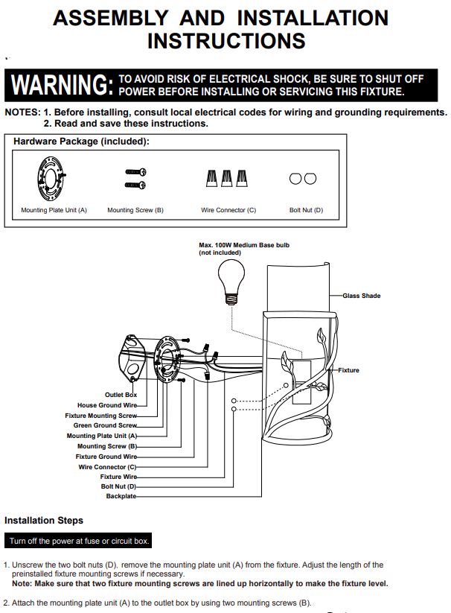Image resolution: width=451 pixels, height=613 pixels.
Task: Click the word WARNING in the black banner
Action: click(x=62, y=84)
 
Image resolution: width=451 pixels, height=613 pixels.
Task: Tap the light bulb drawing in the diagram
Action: click(x=231, y=282)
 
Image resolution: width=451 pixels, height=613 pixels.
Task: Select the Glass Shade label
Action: click(x=362, y=296)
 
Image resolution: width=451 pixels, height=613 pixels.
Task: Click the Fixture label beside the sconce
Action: click(x=348, y=370)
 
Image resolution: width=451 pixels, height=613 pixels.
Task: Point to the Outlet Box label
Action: click(x=121, y=395)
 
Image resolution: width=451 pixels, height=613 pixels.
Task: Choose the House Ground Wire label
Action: click(x=107, y=405)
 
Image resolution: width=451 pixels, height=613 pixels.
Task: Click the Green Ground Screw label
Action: click(x=105, y=425)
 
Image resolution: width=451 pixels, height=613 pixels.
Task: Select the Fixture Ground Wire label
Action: click(x=106, y=457)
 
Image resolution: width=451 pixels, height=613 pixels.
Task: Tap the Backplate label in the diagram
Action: click(x=121, y=496)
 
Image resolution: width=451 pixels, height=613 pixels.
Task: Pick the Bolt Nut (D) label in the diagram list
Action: click(x=118, y=486)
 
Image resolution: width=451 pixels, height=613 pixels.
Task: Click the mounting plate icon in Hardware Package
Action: click(x=51, y=178)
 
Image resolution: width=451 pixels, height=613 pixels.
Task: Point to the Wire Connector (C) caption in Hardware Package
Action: click(x=228, y=210)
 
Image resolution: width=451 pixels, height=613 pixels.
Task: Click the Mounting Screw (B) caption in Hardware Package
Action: click(x=135, y=210)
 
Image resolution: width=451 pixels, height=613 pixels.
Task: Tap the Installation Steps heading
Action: click(x=44, y=521)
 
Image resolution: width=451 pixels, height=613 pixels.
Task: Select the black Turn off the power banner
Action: click(x=78, y=541)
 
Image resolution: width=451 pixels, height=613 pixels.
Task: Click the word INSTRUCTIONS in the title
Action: click(x=226, y=41)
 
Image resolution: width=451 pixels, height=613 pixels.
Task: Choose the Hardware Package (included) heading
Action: click(x=81, y=141)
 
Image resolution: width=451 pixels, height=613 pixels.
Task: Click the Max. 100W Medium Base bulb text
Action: click(x=244, y=245)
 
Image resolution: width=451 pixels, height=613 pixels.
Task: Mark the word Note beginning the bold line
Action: click(x=21, y=583)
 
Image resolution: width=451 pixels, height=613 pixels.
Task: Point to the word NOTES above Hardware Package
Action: click(x=22, y=112)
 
